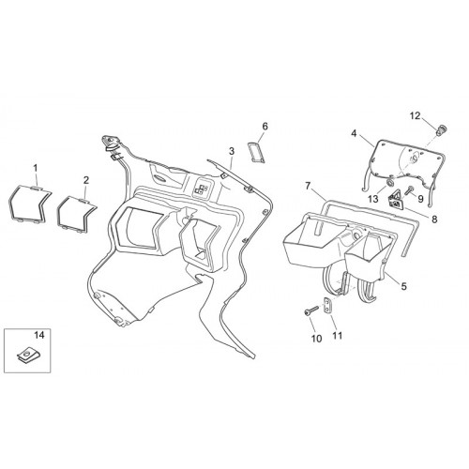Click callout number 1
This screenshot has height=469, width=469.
(36, 168)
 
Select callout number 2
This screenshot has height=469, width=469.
(86, 180)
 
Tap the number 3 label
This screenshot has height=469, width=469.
(232, 151)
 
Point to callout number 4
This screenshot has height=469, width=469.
(354, 133)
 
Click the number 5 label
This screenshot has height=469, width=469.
(404, 286)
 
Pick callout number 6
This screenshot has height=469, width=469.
(265, 127)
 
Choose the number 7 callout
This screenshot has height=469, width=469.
(308, 187)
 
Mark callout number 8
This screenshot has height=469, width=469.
(434, 219)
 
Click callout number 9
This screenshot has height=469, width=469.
(420, 199)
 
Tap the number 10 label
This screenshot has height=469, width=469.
(316, 339)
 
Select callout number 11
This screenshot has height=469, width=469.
(338, 336)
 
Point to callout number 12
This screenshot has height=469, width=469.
(416, 116)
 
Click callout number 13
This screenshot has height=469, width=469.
(373, 199)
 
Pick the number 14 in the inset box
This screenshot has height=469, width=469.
(39, 335)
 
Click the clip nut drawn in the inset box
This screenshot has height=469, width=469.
(28, 356)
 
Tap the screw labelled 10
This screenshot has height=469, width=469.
(311, 310)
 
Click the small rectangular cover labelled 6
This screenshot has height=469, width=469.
(256, 152)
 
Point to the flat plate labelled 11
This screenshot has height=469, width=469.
(327, 305)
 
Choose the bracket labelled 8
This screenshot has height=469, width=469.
(396, 200)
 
